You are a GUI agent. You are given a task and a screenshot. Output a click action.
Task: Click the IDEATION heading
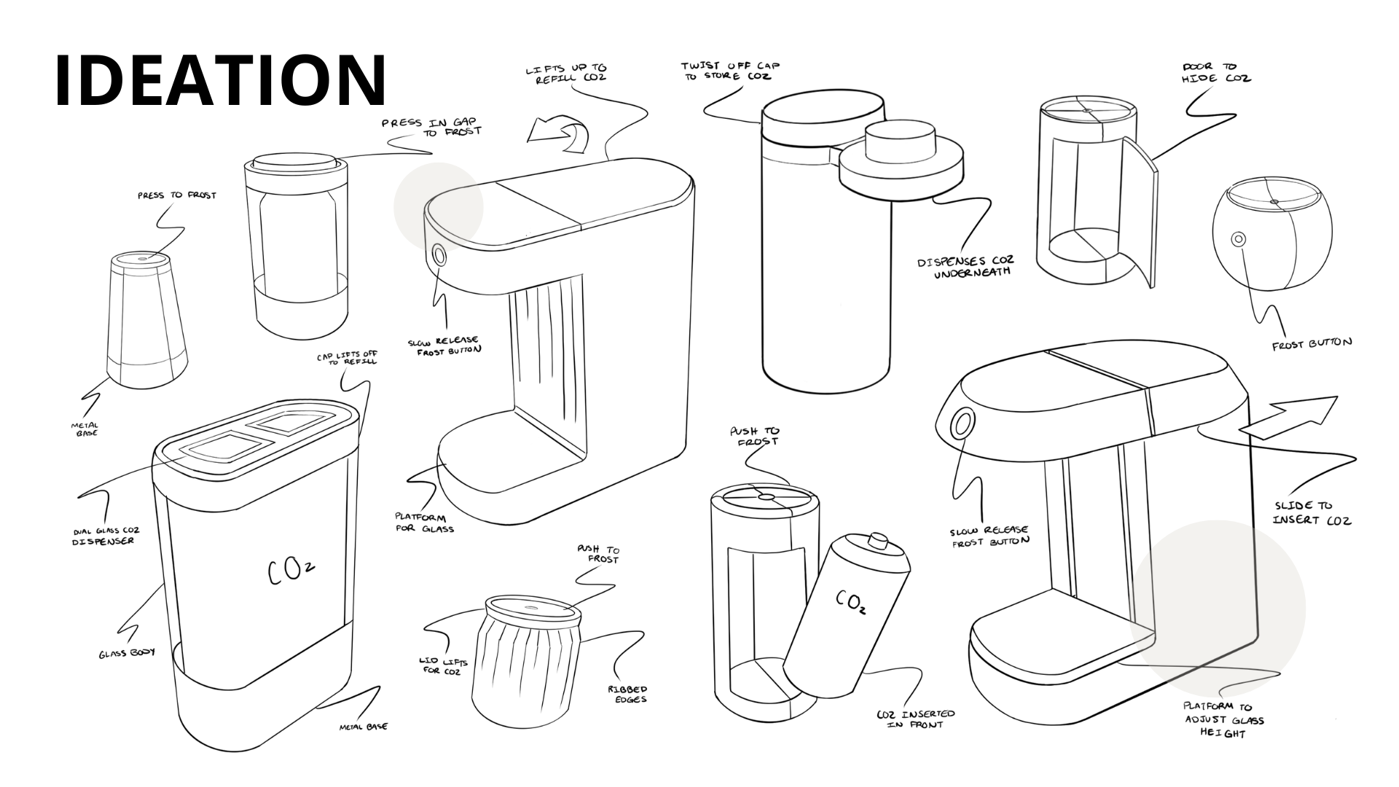click(x=220, y=80)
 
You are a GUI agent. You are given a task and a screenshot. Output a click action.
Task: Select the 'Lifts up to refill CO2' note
click(x=566, y=74)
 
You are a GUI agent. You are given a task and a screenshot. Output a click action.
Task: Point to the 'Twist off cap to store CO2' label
click(x=729, y=71)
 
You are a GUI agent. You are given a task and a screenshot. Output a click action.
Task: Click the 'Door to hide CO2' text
click(x=1216, y=72)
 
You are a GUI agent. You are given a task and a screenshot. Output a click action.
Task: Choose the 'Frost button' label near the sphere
click(x=1312, y=343)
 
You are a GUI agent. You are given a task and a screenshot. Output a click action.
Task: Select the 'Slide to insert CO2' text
click(x=1312, y=512)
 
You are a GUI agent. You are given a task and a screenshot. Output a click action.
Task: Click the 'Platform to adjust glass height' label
click(x=1224, y=720)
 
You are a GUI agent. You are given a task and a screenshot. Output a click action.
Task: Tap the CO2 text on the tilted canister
click(x=851, y=602)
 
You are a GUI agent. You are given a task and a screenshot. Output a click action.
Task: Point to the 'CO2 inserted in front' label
click(x=916, y=719)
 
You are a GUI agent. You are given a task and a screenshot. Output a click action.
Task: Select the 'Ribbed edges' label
click(x=627, y=694)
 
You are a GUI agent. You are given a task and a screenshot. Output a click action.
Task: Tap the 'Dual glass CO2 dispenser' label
click(x=106, y=536)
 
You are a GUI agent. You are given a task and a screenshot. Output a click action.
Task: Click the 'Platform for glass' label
click(x=425, y=523)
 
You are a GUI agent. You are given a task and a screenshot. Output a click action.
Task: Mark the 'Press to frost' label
click(x=176, y=195)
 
